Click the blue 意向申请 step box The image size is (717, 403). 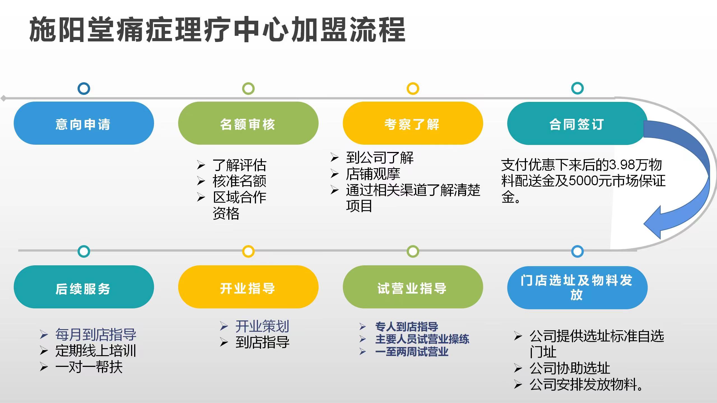(83, 123)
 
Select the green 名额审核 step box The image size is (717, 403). (248, 123)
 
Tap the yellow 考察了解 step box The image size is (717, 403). (413, 123)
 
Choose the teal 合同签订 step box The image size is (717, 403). (577, 123)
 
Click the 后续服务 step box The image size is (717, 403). (83, 287)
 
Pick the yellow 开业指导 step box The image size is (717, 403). (248, 287)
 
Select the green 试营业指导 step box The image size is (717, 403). (413, 287)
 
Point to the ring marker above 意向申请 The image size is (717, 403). (84, 89)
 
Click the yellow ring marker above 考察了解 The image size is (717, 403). (413, 89)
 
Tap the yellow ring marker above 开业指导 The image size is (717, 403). (248, 251)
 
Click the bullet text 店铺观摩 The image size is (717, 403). (373, 174)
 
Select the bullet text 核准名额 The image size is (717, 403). (239, 181)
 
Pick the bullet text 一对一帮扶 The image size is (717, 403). (89, 367)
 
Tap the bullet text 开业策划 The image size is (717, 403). (262, 326)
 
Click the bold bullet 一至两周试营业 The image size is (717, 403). (412, 352)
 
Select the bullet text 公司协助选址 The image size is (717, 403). (570, 368)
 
